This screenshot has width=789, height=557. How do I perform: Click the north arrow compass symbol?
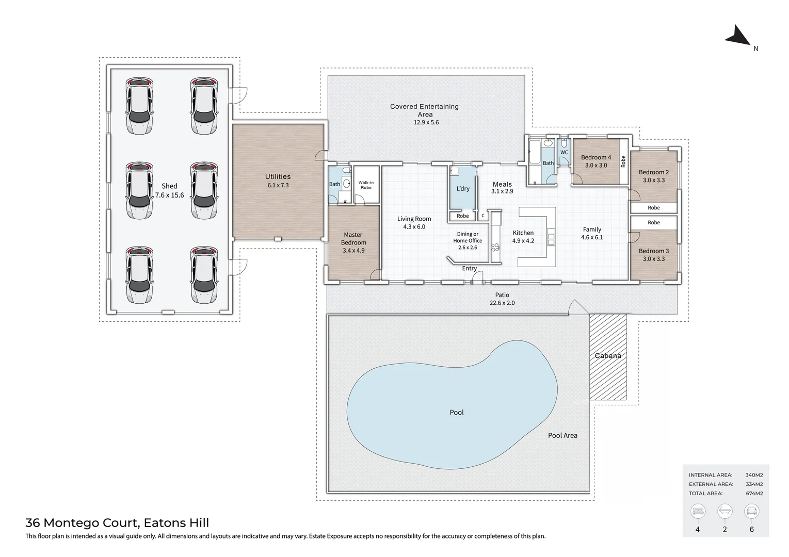click(738, 37)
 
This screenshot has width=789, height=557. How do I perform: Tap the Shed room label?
click(169, 186)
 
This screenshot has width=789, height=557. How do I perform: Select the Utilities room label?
click(278, 177)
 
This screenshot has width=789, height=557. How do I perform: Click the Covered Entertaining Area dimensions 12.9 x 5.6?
click(426, 123)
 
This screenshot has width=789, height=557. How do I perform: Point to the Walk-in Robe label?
click(366, 185)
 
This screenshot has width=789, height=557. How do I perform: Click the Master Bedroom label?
click(353, 238)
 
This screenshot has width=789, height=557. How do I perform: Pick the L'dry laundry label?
click(463, 188)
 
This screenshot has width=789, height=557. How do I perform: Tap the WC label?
click(564, 153)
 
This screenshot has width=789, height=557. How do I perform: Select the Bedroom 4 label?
click(596, 157)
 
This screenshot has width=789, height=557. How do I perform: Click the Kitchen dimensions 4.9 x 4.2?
click(523, 241)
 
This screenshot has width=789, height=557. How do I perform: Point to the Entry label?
click(470, 268)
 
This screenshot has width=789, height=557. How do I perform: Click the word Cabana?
click(608, 356)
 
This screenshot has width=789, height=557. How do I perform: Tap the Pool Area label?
click(562, 435)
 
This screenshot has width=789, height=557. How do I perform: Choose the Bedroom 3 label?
click(654, 251)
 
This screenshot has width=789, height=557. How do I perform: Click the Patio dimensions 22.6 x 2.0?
click(502, 303)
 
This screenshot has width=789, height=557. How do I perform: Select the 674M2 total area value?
click(754, 493)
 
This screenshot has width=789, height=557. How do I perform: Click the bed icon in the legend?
click(698, 511)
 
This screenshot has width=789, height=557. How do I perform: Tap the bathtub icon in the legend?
click(725, 511)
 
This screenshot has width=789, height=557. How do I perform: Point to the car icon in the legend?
click(752, 511)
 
